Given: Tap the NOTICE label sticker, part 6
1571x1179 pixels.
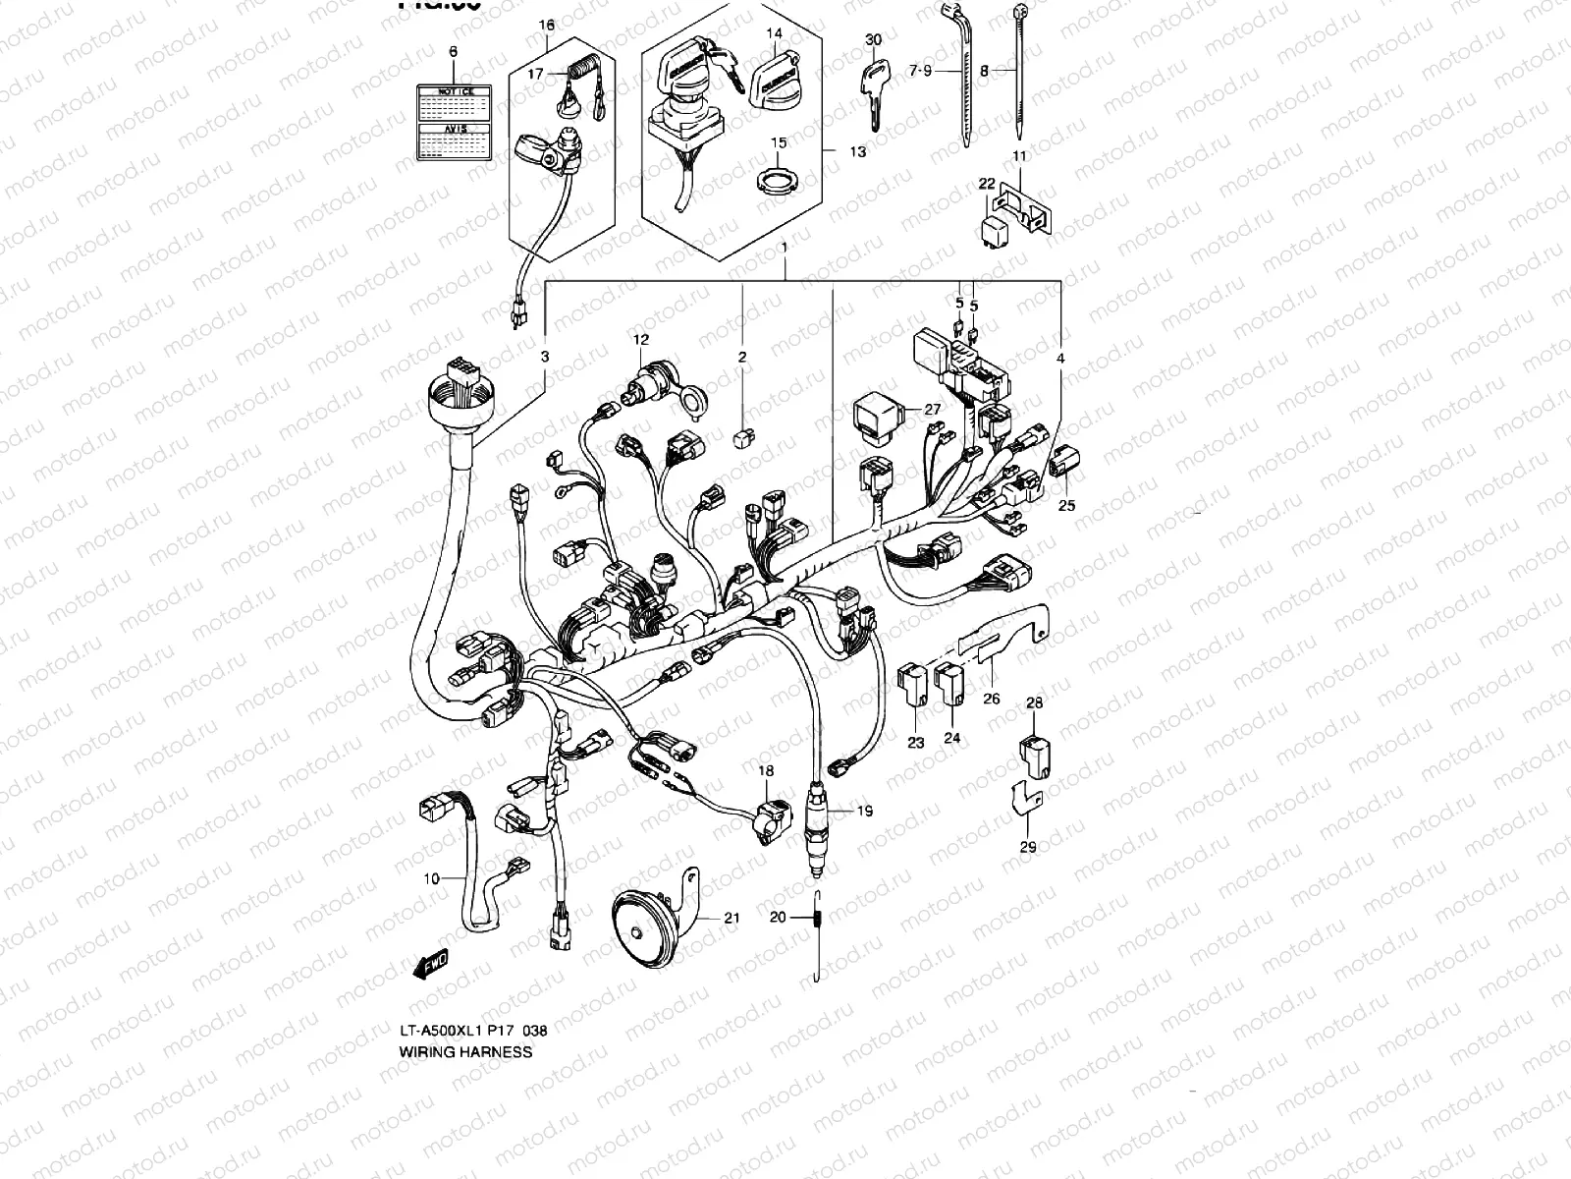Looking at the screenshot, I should pyautogui.click(x=454, y=122).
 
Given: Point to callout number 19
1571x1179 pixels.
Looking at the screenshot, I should pyautogui.click(x=864, y=812).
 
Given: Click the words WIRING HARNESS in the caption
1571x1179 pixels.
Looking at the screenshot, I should pyautogui.click(x=465, y=1051).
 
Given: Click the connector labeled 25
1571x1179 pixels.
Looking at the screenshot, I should pyautogui.click(x=1064, y=462).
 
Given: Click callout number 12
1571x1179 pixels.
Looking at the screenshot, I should pyautogui.click(x=641, y=340).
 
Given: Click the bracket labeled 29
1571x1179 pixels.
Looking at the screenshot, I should pyautogui.click(x=1025, y=801).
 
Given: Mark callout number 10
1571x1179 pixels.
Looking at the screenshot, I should pyautogui.click(x=432, y=878).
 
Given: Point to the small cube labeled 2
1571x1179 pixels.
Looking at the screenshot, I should pyautogui.click(x=745, y=434).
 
